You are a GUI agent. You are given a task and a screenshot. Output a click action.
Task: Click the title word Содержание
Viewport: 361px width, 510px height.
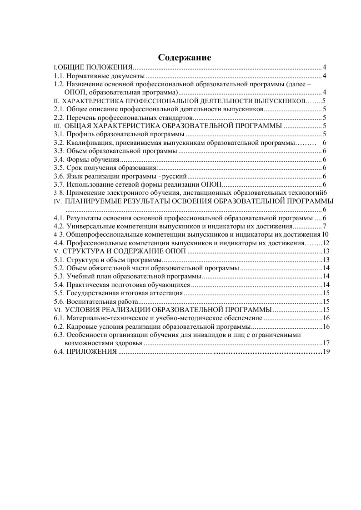click(185, 58)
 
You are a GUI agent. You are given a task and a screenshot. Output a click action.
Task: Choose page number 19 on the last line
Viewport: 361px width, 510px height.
click(325, 352)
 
